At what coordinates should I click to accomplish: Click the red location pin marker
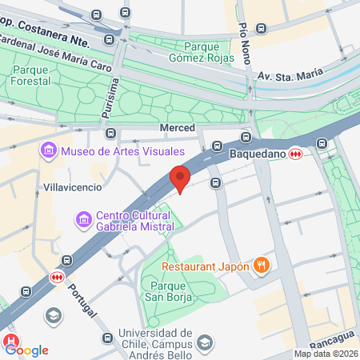point(180,178)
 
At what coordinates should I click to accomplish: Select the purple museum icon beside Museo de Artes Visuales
point(48,150)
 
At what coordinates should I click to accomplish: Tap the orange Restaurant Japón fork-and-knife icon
point(260,265)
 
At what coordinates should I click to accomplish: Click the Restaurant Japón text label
point(206,266)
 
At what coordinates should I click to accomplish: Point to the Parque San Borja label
point(178,291)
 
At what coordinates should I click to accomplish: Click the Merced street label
point(178,128)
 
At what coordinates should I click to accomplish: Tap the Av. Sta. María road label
point(290,75)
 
